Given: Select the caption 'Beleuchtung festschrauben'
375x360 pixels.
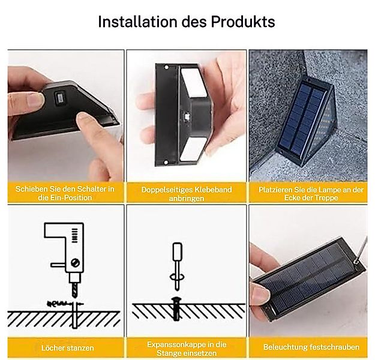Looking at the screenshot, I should (x=311, y=347).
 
